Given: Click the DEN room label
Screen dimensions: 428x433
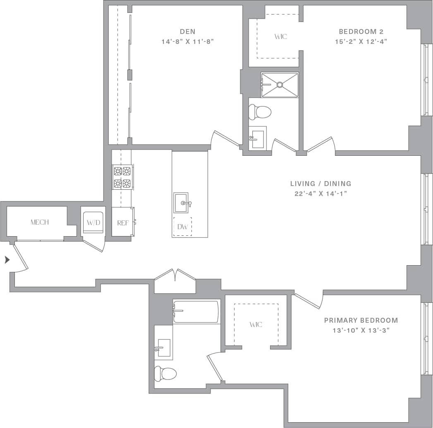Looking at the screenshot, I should (x=187, y=31).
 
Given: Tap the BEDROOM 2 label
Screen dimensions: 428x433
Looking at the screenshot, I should (x=358, y=31).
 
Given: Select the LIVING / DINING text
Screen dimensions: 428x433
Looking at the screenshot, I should (x=321, y=184).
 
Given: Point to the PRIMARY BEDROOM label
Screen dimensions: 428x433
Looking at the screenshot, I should (x=361, y=320).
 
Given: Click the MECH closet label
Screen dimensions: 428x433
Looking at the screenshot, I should (x=40, y=222).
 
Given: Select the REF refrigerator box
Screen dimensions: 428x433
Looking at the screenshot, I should (x=123, y=223).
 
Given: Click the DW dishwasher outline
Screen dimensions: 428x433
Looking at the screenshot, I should (x=182, y=227).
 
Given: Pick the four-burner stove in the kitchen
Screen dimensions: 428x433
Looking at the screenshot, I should (x=122, y=177).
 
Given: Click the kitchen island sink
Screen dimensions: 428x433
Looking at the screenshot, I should (x=181, y=203).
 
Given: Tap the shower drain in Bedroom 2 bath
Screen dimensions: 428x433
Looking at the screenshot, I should (x=280, y=85).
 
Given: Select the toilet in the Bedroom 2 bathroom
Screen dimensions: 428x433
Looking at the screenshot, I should (x=260, y=111).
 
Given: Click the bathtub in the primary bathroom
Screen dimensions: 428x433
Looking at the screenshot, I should (x=196, y=312).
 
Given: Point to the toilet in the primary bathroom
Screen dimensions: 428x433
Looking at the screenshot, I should (x=165, y=373).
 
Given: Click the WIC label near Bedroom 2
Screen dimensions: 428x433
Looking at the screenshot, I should (x=280, y=36).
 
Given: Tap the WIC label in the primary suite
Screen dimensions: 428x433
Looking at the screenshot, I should (x=256, y=324).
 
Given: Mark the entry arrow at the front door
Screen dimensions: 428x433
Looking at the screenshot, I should (x=7, y=260).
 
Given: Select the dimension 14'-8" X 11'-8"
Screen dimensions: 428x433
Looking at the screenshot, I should (x=187, y=41).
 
